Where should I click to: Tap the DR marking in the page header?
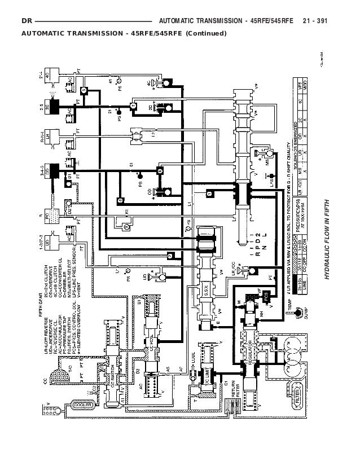(x=25, y=21)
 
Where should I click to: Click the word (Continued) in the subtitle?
(x=204, y=32)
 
